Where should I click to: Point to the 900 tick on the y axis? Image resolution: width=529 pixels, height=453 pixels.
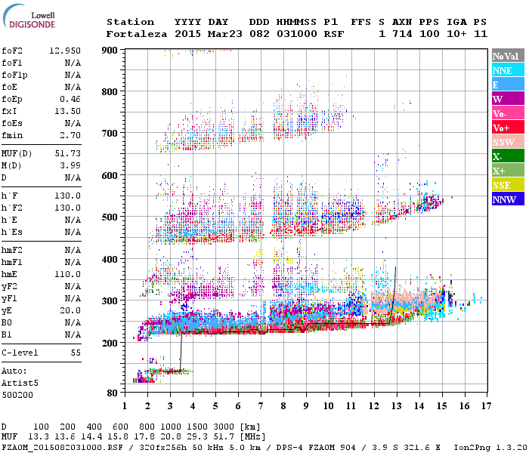pyautogui.click(x=110, y=50)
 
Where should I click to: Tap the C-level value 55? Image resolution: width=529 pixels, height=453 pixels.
pyautogui.click(x=76, y=353)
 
